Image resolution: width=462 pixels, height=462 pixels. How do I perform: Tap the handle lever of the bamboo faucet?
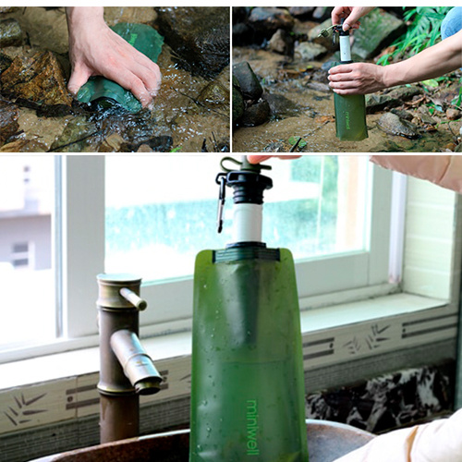click(133, 298)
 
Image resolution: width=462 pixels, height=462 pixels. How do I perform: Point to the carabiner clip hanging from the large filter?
click(221, 201)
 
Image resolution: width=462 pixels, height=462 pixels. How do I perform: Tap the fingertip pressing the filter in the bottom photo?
click(258, 159)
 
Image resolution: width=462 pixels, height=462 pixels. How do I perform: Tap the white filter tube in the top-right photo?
click(346, 48)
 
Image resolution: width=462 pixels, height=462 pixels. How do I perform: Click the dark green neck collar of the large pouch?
click(247, 253)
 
